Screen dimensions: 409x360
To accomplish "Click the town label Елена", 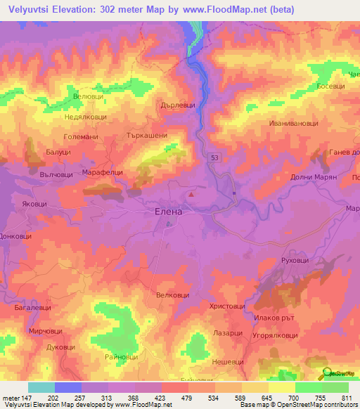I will pyautogui.click(x=168, y=211).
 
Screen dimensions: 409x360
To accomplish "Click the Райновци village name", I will pyautogui.click(x=120, y=357).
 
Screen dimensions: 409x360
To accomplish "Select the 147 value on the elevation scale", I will pyautogui.click(x=21, y=398).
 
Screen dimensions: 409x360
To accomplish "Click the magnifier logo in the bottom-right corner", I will pyautogui.click(x=326, y=374).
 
